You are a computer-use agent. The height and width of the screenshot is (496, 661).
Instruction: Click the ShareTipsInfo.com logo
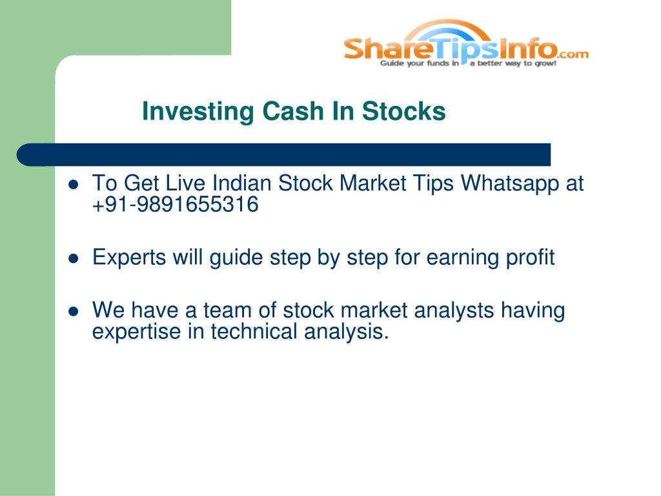[x=466, y=43]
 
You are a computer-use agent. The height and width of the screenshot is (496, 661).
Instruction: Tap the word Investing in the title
[x=198, y=112]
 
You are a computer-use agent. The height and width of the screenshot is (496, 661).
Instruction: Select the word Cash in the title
[x=293, y=111]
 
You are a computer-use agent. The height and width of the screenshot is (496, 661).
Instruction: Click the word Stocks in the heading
[x=403, y=111]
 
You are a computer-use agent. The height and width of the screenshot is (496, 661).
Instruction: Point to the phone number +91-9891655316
[x=175, y=205]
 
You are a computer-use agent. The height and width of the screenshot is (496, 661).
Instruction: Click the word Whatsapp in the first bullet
[x=510, y=184]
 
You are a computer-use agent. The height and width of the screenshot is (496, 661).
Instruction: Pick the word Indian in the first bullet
[x=241, y=183]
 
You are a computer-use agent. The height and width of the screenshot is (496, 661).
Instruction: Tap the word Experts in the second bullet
[x=129, y=258]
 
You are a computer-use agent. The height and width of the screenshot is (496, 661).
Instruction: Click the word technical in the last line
[x=254, y=331]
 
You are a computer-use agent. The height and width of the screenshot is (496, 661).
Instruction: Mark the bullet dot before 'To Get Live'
[x=74, y=184]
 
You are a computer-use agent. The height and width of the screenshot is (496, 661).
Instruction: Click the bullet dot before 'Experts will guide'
[x=74, y=258]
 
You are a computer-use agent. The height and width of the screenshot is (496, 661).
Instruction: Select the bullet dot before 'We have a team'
[x=74, y=311]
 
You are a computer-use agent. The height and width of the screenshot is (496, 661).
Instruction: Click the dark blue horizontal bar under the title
[x=283, y=155]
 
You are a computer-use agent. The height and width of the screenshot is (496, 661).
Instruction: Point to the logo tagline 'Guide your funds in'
[x=420, y=63]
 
